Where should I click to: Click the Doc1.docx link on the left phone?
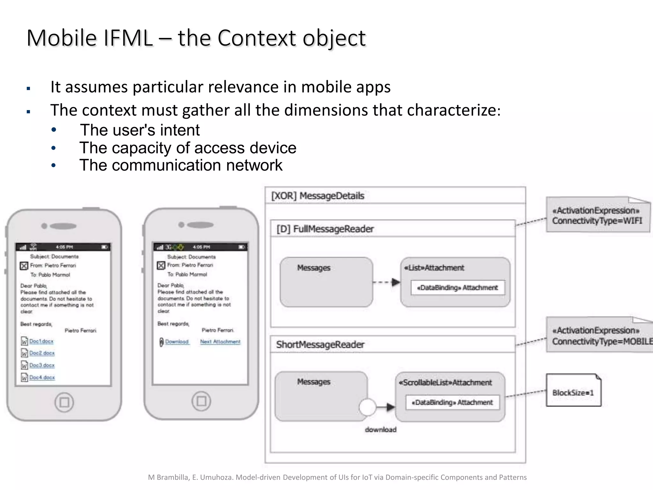click(x=41, y=341)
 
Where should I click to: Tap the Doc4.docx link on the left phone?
click(x=42, y=378)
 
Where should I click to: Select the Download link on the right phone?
click(x=177, y=342)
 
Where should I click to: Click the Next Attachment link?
click(x=220, y=342)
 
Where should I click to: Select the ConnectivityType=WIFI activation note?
click(x=597, y=216)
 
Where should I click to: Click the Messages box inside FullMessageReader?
click(x=326, y=282)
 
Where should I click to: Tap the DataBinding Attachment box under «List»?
click(x=458, y=287)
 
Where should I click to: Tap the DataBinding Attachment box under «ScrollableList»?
click(x=452, y=402)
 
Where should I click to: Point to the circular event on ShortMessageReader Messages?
click(x=367, y=407)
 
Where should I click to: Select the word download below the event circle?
click(x=381, y=430)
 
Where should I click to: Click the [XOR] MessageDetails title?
click(x=318, y=196)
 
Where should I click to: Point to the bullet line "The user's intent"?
click(x=140, y=130)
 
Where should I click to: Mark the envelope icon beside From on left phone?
click(x=24, y=266)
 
